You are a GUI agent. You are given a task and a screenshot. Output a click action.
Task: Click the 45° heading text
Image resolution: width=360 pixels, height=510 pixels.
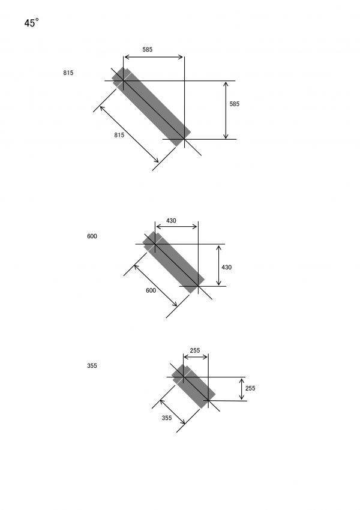click(x=32, y=23)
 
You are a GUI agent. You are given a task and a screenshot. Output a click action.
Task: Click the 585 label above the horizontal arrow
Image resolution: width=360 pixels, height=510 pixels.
click(x=148, y=49)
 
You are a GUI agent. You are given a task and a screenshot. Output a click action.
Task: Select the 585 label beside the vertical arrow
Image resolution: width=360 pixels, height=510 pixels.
click(x=235, y=104)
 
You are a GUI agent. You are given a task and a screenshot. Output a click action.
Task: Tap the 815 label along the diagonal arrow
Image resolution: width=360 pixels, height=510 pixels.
click(x=119, y=135)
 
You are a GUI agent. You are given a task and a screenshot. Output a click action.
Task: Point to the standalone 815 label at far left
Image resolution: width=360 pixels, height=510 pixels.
click(x=68, y=73)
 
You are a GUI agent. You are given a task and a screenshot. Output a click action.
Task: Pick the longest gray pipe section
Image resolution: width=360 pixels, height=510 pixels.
click(x=151, y=107)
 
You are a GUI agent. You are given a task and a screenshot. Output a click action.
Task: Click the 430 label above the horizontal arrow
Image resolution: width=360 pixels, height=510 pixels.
click(x=171, y=221)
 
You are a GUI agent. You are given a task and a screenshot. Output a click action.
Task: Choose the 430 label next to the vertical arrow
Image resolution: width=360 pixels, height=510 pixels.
click(x=227, y=268)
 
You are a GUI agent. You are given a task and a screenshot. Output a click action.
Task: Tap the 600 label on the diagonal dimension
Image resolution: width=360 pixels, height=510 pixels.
click(x=151, y=290)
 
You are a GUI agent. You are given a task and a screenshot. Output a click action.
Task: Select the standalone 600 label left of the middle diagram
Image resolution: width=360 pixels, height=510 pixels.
click(x=92, y=236)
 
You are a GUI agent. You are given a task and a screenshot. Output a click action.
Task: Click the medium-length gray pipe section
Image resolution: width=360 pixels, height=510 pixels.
click(x=173, y=262)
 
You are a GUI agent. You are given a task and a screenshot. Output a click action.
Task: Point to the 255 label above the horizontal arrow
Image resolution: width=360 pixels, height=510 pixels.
click(x=195, y=350)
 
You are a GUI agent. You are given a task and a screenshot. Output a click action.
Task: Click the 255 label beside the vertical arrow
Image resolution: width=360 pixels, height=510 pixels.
click(x=250, y=388)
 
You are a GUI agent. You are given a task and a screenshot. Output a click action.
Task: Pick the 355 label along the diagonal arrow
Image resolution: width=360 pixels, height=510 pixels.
click(x=167, y=418)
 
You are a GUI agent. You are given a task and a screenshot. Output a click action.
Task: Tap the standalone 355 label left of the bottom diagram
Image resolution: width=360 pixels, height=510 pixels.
click(x=92, y=365)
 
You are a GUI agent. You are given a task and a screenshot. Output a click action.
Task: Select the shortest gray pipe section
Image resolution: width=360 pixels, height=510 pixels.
click(x=193, y=386)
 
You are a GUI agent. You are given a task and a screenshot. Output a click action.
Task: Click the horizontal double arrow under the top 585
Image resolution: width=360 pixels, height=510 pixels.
click(x=154, y=57)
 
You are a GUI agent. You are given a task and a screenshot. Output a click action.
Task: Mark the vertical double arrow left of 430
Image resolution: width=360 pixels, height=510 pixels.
click(x=218, y=265)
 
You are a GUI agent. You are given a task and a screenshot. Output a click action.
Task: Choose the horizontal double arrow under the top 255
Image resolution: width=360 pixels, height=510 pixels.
click(x=196, y=357)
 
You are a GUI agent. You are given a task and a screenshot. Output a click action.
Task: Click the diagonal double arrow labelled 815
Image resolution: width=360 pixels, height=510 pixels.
click(x=129, y=134)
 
